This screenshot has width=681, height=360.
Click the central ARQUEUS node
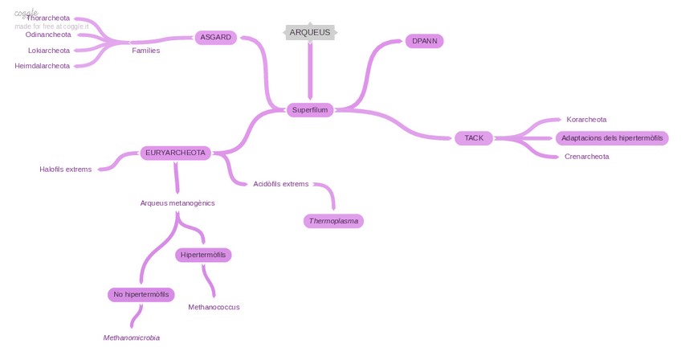[310, 32]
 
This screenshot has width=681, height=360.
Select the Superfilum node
[310, 109]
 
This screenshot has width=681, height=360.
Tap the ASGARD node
[215, 37]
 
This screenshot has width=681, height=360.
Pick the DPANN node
[424, 41]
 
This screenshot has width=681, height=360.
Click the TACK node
[474, 138]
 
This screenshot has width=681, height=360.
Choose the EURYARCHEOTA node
[175, 153]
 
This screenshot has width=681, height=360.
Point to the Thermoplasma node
[333, 221]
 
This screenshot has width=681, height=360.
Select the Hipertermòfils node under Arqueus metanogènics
[203, 255]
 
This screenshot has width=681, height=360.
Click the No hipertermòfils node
[141, 295]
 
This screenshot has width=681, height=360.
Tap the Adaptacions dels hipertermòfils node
[612, 138]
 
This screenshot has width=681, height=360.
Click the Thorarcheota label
[48, 18]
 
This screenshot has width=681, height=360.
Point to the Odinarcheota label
[48, 35]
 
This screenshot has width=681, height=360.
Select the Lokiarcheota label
[49, 51]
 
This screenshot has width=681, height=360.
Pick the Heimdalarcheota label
[43, 66]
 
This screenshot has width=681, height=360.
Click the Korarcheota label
[586, 120]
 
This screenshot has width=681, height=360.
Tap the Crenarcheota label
[586, 157]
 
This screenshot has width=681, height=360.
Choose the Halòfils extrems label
[66, 170]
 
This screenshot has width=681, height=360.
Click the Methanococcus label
[214, 307]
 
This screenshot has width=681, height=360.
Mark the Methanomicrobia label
[132, 338]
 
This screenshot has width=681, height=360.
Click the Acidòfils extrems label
[281, 184]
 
